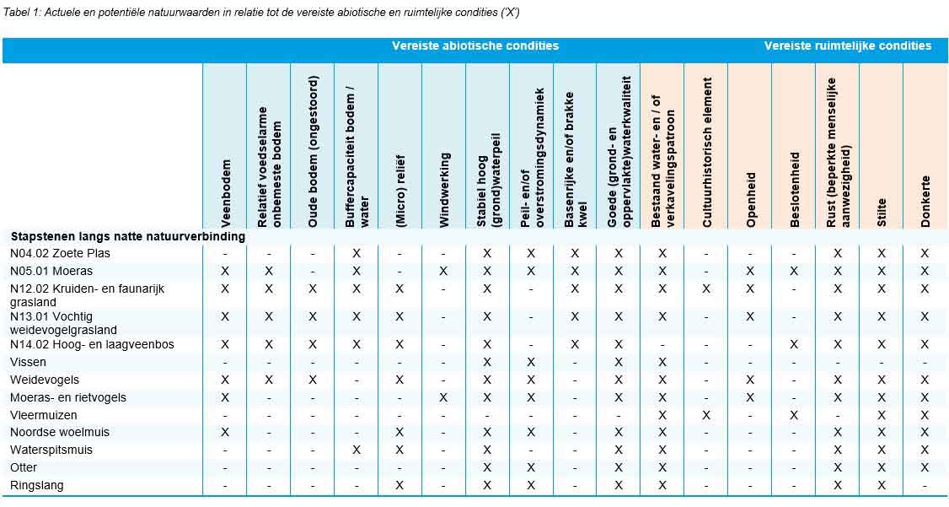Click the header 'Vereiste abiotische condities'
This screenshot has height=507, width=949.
(474, 46)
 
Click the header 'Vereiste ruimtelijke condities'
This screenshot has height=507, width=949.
(848, 46)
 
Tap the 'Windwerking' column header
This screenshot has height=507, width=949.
(444, 190)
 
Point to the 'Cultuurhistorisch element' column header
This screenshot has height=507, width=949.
(707, 153)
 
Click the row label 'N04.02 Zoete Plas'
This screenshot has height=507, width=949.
(60, 253)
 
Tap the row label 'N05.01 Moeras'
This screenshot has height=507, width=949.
(51, 271)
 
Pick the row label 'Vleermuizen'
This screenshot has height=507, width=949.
(44, 415)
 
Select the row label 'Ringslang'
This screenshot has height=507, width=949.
(37, 485)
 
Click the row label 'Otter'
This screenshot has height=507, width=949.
(24, 467)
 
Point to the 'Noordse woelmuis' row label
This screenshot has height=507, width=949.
(55, 432)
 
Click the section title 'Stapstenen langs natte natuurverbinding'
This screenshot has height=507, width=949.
(127, 236)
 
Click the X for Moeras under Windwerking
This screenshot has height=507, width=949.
(443, 271)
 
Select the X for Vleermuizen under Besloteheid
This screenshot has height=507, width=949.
(794, 415)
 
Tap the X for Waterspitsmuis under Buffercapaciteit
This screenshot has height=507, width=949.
(357, 450)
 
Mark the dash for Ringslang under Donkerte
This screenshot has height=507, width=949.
(925, 485)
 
